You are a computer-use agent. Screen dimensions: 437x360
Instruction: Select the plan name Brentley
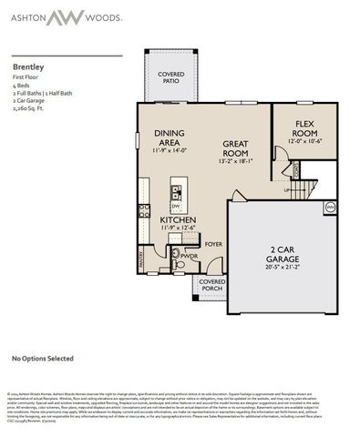tap(27, 66)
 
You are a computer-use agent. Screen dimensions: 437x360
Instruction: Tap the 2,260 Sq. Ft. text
tap(30, 107)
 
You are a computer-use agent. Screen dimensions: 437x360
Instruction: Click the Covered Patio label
tap(170, 76)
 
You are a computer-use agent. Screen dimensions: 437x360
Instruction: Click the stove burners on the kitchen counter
tap(144, 209)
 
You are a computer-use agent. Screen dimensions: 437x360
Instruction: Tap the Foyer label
tap(212, 244)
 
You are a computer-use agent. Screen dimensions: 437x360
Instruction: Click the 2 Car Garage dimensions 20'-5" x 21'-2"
tap(282, 268)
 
